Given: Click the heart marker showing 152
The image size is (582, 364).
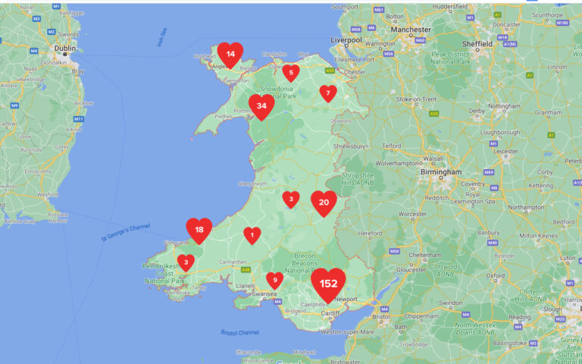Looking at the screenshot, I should tap(328, 283).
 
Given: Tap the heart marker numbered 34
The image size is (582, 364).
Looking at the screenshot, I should tap(261, 106).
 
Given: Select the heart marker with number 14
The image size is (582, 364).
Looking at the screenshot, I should tap(230, 54).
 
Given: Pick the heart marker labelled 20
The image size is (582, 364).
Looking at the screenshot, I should tap(324, 202).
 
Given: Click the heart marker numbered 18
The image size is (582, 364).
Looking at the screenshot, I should tap(199, 230).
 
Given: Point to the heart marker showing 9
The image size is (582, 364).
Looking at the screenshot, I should tap(274, 281).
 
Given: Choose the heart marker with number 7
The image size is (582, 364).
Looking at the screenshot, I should tap(328, 93).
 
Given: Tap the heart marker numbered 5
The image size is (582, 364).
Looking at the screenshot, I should tap(291, 73).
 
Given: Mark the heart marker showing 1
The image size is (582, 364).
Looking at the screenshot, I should tap(252, 235).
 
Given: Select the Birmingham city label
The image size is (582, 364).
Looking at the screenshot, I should tap(442, 172).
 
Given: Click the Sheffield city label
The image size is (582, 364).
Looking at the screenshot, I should tap(477, 44).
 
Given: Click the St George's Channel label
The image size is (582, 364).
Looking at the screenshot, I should tap(126, 233).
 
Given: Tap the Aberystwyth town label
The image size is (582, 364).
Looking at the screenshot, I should tap(255, 184).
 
